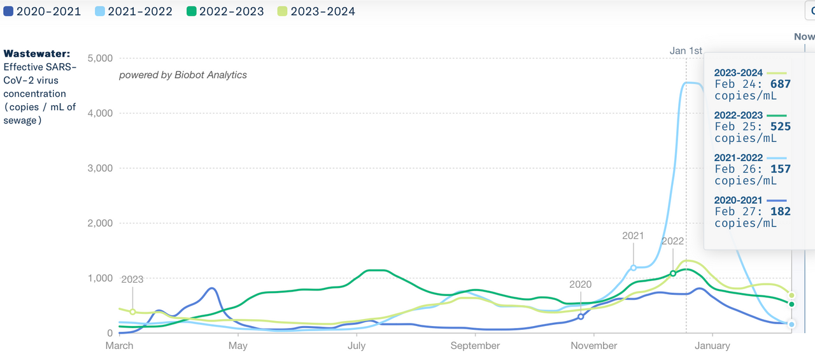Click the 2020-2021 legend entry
(x=43, y=11)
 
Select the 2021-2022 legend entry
(x=134, y=11)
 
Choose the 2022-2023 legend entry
(x=225, y=11)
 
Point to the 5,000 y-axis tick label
(x=99, y=59)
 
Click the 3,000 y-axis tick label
(x=99, y=169)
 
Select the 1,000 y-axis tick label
(x=99, y=278)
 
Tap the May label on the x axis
(x=237, y=346)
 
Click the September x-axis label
(x=475, y=346)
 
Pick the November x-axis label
(x=593, y=346)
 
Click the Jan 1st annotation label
(x=686, y=51)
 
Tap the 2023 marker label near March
(x=132, y=279)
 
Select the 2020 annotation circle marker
(x=581, y=317)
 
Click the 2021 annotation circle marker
(x=634, y=268)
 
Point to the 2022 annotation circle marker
(x=673, y=274)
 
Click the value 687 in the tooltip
(x=780, y=84)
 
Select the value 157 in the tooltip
(x=780, y=169)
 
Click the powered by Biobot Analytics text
(x=183, y=75)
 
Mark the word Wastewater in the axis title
(x=37, y=54)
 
